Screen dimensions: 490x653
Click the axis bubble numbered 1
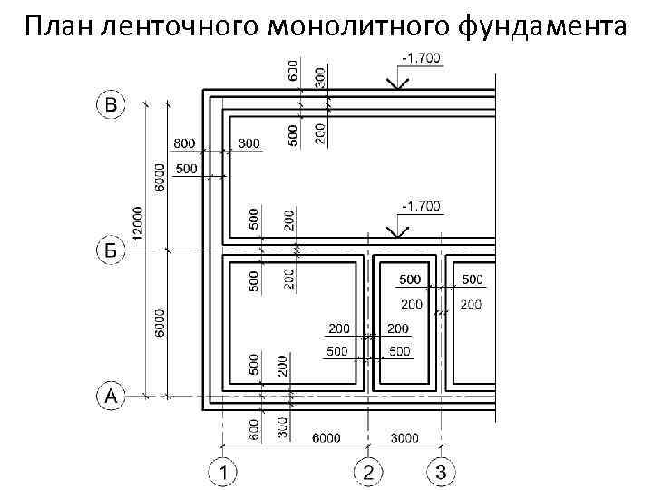222,472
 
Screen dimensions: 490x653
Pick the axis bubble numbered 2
368,472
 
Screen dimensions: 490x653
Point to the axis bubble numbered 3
441,472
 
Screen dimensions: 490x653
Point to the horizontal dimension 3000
404,438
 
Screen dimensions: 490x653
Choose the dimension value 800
185,143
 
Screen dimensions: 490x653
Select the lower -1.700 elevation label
419,206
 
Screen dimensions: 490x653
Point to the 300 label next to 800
249,143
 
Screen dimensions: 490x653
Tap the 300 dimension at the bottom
282,427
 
